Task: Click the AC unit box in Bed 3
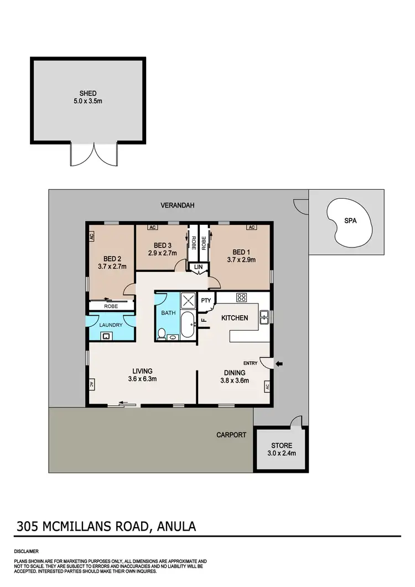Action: click(x=151, y=227)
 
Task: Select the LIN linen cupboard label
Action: click(x=198, y=267)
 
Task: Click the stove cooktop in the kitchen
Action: click(x=241, y=297)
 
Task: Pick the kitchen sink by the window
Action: click(x=264, y=317)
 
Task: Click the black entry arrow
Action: click(x=279, y=363)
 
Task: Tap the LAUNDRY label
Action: click(x=110, y=325)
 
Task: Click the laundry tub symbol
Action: click(x=105, y=335)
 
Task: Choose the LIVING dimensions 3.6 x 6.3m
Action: click(x=142, y=379)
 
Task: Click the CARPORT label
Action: click(x=231, y=435)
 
